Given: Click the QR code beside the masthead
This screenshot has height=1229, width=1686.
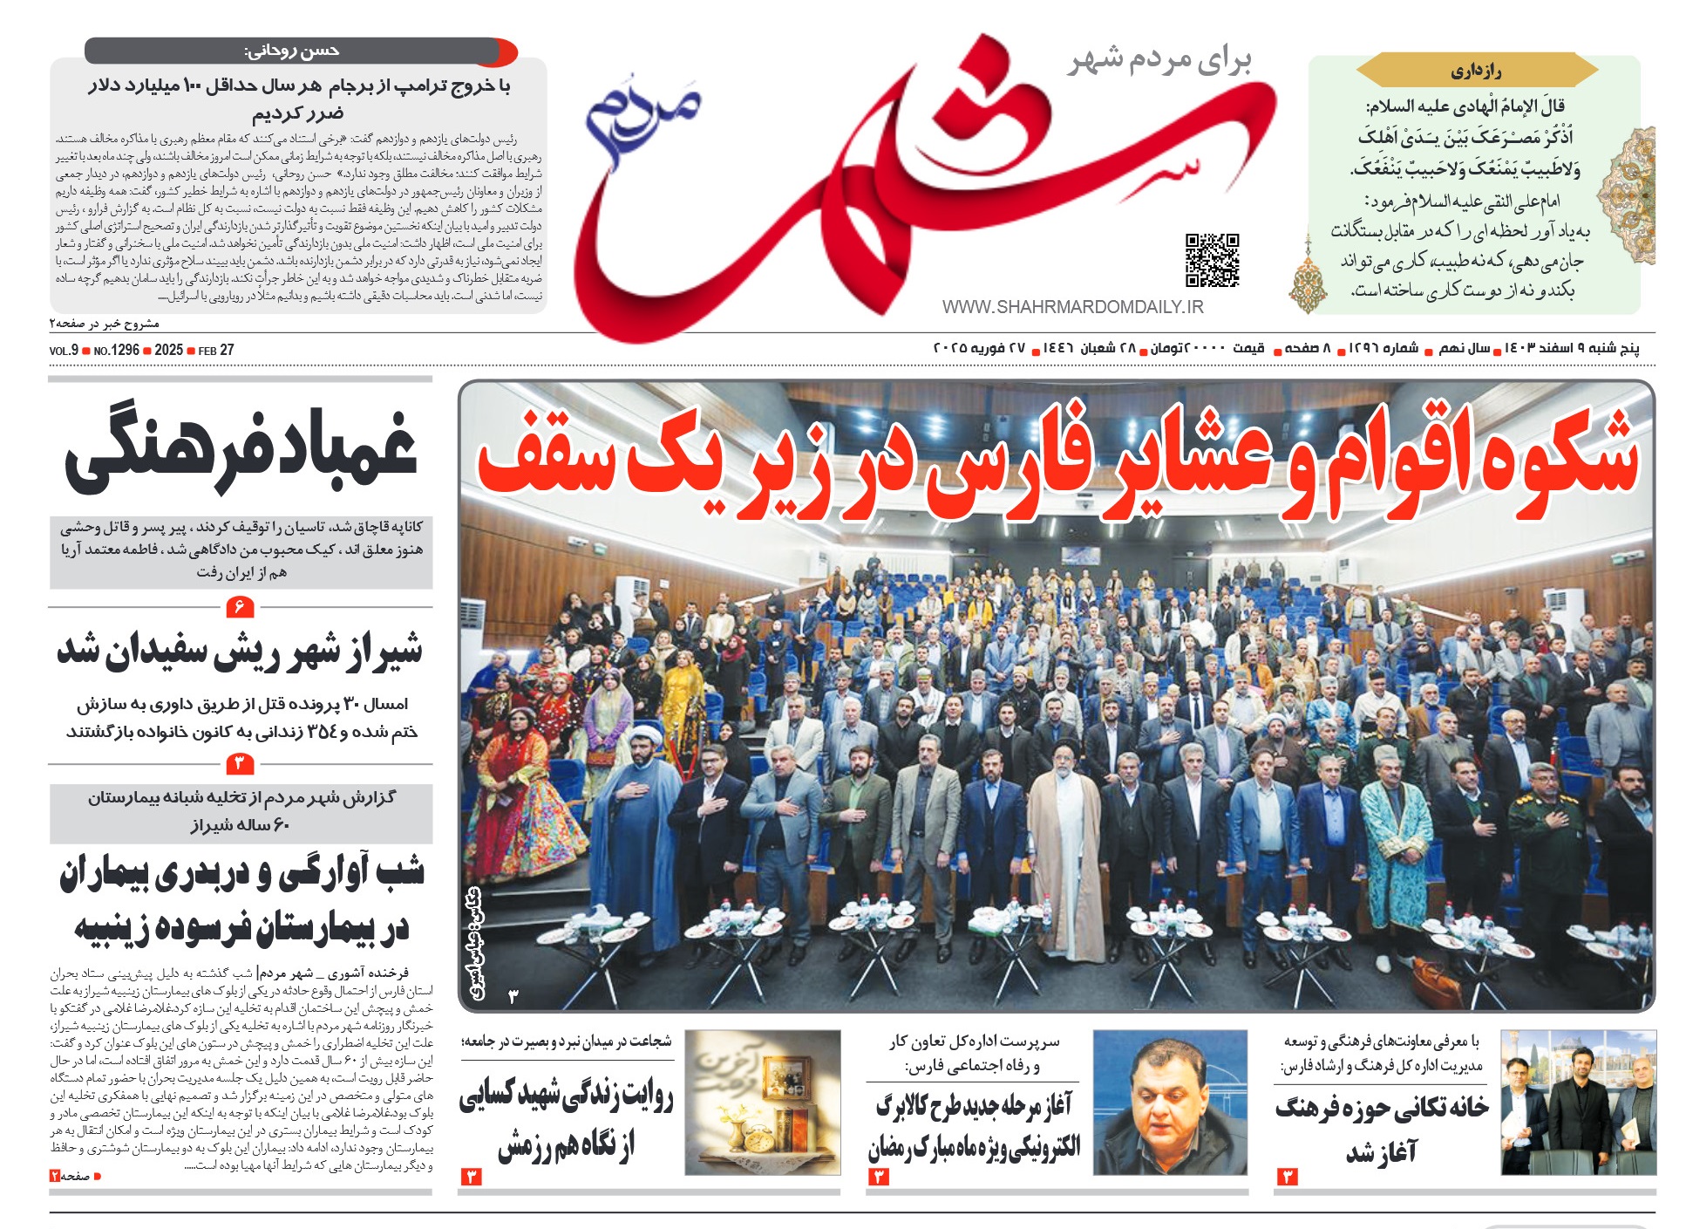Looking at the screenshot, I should coord(1212,260).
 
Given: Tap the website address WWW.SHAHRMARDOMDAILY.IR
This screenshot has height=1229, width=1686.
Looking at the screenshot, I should coord(1072,307).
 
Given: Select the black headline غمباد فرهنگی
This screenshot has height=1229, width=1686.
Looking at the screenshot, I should coord(241,450).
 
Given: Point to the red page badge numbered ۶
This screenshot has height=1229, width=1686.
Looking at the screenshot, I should coord(239,606).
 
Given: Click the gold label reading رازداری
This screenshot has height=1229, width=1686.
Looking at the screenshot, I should coord(1476,71).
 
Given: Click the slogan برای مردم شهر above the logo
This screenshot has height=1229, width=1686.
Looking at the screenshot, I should coord(1159,60).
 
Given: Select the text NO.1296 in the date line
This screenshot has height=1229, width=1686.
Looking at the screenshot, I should coord(117,350).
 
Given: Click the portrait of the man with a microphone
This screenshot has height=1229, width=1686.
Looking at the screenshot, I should coord(1169,1103).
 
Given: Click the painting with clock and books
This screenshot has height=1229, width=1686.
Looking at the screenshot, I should coord(762,1103).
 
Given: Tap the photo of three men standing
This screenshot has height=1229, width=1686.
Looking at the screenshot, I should coord(1577,1103).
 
